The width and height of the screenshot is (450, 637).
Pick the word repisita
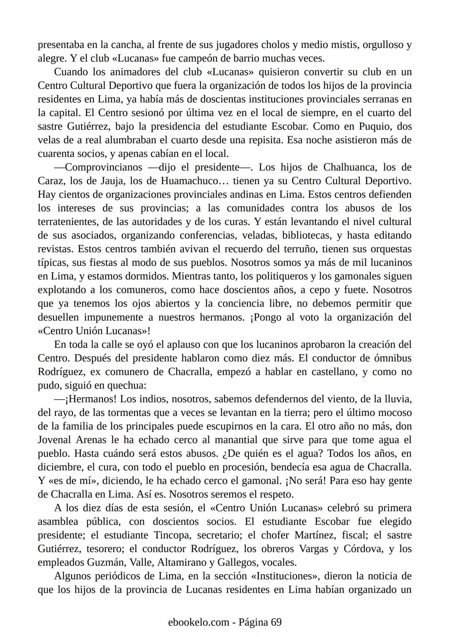coord(265,140)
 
